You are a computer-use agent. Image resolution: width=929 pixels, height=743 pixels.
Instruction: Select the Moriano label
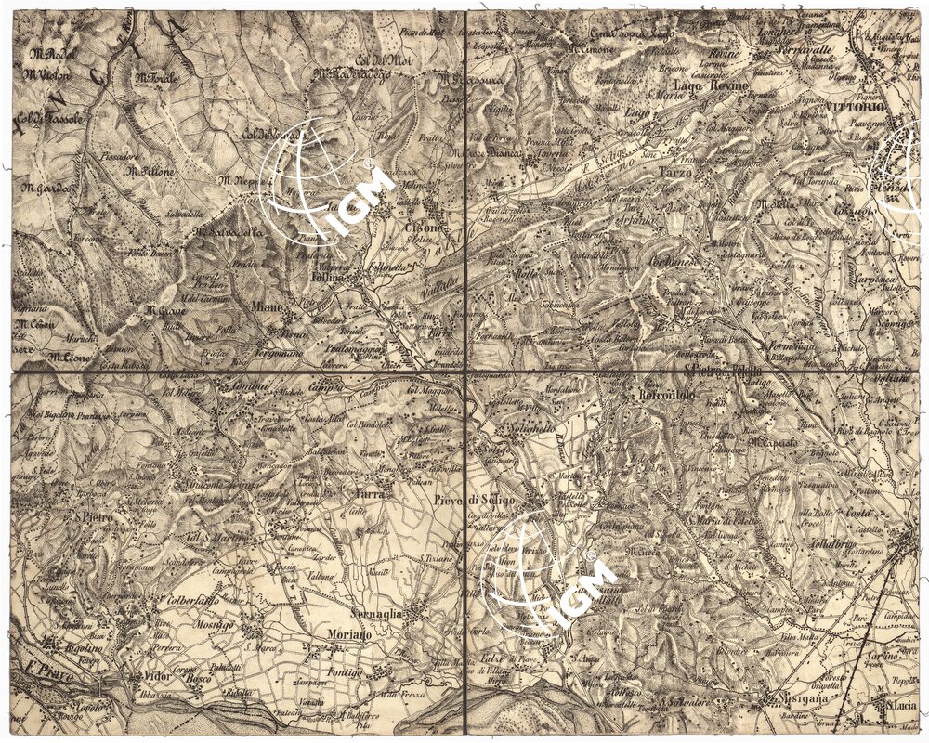point(349,633)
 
